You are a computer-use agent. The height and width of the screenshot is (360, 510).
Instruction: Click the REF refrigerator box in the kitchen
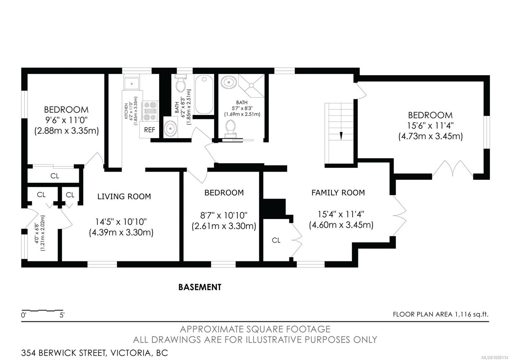coord(149,130)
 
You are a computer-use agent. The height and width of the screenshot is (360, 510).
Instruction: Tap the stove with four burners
coord(149,111)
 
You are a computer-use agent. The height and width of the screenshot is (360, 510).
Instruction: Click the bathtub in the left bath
coord(204,95)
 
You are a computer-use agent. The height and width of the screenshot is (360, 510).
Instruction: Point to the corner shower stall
coord(251,86)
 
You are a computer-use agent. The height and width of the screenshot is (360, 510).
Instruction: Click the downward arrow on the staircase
coord(341,136)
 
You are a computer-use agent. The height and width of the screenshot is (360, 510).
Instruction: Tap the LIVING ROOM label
coord(124,196)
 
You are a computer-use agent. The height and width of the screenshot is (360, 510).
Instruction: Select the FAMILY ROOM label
coord(338,193)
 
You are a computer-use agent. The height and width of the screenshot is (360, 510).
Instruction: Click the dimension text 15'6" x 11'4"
coord(430,126)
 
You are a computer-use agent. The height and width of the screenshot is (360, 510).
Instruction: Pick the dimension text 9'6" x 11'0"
coord(66,120)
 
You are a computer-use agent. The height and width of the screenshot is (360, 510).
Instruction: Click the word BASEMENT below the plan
coord(200,287)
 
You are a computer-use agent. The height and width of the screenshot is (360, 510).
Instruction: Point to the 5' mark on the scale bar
coord(62,315)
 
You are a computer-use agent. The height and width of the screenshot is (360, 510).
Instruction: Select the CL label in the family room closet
coord(276,240)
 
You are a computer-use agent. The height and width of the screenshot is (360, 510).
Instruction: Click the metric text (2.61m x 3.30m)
coord(224,226)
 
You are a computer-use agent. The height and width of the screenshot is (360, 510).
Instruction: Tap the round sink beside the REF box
coord(171,129)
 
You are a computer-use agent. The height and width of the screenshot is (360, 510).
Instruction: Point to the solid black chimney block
coord(274,209)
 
